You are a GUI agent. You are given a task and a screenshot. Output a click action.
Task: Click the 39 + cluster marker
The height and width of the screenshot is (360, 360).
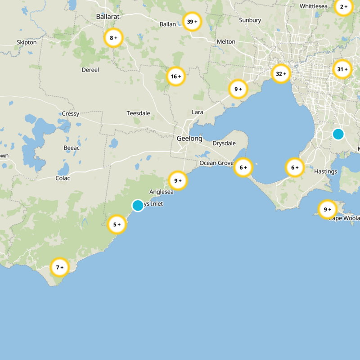[192, 22]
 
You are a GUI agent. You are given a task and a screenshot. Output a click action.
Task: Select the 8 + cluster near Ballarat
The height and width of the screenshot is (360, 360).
[113, 38]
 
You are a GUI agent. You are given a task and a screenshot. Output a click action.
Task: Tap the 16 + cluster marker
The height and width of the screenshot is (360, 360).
[176, 76]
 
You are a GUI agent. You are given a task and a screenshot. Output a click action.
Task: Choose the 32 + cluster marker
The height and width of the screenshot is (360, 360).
[281, 73]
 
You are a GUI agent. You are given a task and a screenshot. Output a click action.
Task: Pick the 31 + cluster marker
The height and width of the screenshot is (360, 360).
[342, 69]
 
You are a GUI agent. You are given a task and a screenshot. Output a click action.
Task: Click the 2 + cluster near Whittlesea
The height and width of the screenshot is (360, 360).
[344, 7]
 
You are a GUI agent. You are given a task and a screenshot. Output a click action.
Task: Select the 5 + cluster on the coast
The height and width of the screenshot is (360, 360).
[117, 224]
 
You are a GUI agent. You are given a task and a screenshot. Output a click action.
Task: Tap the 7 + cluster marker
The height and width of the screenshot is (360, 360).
[59, 267]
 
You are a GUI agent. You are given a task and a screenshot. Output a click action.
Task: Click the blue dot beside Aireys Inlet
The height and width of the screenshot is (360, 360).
[138, 206]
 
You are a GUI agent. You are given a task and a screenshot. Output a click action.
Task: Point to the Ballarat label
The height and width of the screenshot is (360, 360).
[108, 17]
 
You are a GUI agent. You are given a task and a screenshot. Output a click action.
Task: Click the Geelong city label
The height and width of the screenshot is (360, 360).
[189, 139]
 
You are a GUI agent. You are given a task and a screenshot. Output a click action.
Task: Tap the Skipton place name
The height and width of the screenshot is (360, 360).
[27, 42]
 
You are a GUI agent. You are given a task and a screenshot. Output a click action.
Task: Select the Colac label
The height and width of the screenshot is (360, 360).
[63, 178]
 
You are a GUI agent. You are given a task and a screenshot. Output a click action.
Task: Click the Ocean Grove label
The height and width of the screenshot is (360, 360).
[216, 163]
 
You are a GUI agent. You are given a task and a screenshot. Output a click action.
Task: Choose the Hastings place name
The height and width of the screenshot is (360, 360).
[326, 171]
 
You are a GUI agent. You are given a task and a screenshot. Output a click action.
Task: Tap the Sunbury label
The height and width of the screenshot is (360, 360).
[250, 20]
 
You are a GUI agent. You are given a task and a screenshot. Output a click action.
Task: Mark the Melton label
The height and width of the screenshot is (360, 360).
[226, 42]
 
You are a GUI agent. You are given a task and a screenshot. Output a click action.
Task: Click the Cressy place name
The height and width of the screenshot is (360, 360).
[70, 114]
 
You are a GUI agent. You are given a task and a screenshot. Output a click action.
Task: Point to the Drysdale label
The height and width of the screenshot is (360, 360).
[224, 144]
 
